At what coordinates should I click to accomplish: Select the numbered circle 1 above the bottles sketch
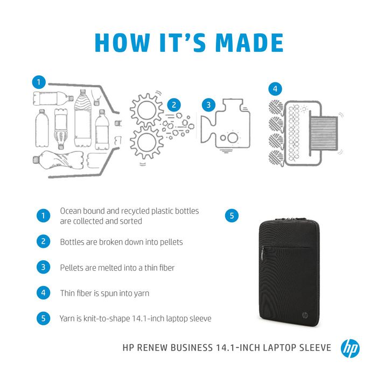38,82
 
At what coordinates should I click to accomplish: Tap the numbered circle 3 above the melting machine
208,104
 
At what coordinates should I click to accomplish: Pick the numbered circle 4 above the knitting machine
275,88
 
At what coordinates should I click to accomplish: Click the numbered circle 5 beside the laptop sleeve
231,215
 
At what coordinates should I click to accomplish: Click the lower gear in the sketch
145,144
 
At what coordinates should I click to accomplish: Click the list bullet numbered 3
43,267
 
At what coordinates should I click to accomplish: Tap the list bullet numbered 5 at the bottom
43,318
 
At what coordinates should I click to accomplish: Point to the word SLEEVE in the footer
312,348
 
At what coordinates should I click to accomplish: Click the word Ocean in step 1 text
71,211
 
